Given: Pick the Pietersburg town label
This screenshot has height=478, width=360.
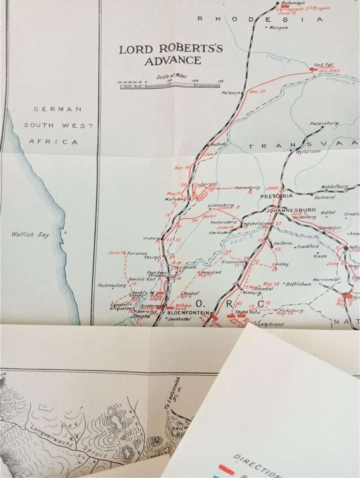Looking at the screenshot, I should click(x=325, y=123).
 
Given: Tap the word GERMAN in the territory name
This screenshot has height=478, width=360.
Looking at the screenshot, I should click(x=53, y=109).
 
